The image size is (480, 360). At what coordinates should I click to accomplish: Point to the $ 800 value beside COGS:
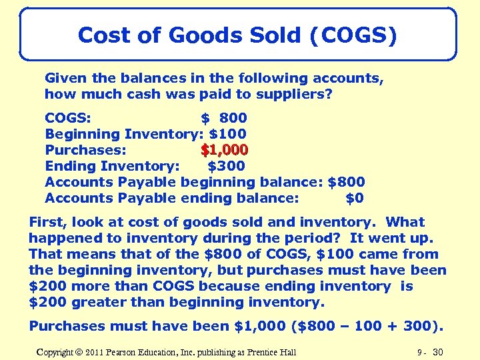[x=224, y=118]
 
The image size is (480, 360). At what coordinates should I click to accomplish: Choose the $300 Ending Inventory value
[x=227, y=166]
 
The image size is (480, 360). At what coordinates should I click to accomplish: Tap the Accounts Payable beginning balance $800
[x=346, y=182]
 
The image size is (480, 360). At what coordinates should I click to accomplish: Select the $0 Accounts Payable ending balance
[x=354, y=198]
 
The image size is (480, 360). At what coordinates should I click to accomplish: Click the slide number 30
[x=437, y=351]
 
